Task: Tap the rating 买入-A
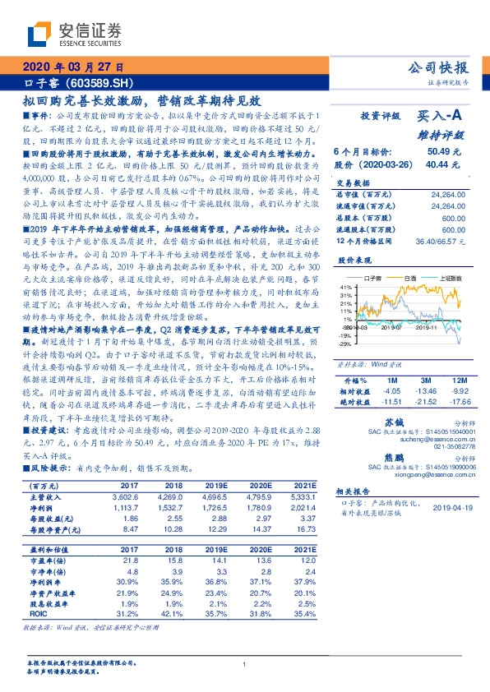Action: point(441,117)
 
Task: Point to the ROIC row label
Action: point(39,612)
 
